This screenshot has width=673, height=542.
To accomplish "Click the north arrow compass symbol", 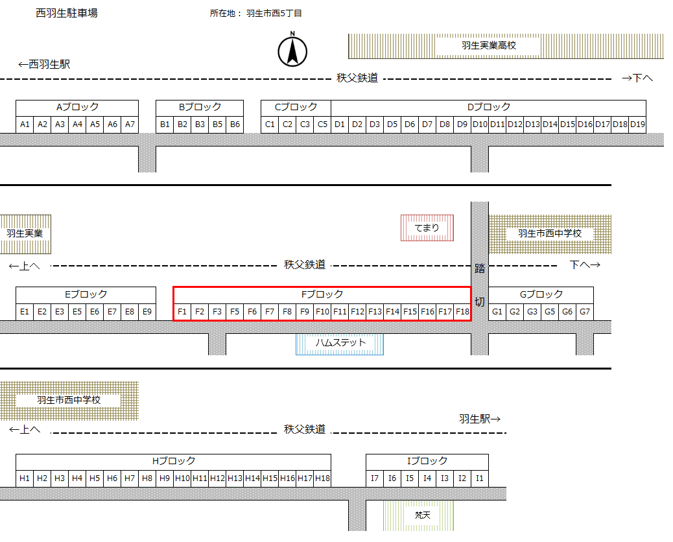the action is (x=292, y=51).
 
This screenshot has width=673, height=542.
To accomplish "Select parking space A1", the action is (x=25, y=124).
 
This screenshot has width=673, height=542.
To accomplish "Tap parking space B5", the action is (x=217, y=124).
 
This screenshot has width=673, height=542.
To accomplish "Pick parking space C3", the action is (x=305, y=124).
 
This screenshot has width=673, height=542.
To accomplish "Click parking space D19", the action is (x=637, y=124).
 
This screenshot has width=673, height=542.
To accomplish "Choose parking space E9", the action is (x=147, y=312).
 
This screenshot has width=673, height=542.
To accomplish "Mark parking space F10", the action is (x=322, y=312).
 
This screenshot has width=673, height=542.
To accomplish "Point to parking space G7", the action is (x=585, y=312).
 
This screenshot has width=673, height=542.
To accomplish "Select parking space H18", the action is (x=322, y=478).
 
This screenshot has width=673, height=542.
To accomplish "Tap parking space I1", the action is (x=479, y=478).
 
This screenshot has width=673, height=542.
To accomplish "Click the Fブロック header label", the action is (x=322, y=294).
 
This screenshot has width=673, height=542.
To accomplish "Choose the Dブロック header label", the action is (x=489, y=107).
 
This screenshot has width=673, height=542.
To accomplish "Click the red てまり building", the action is (x=427, y=228).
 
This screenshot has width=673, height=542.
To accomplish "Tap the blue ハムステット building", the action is (x=340, y=342).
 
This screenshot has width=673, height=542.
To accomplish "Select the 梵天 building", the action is (x=423, y=515).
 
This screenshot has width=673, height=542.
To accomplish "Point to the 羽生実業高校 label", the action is (x=489, y=46).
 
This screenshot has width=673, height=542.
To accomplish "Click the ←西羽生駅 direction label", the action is (x=44, y=64).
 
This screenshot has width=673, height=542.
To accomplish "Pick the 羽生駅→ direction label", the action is (x=480, y=419).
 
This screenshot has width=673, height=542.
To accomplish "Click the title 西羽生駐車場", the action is (x=67, y=13).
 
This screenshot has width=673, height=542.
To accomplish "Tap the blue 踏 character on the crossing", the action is (x=480, y=268).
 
